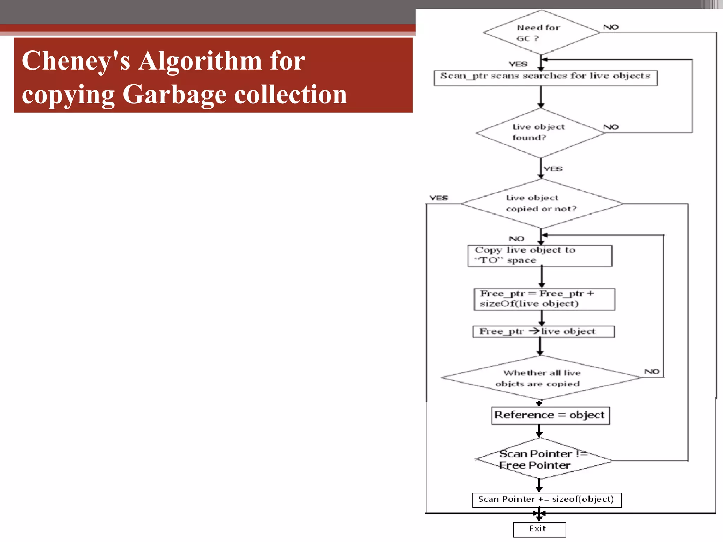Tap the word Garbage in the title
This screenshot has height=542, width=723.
(x=174, y=95)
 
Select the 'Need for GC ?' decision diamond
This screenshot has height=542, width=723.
(x=541, y=32)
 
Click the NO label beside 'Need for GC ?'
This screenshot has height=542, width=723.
(x=611, y=27)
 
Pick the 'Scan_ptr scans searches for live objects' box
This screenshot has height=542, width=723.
(x=545, y=78)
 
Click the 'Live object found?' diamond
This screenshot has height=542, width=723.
(x=540, y=133)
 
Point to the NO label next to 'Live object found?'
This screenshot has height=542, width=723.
(x=611, y=127)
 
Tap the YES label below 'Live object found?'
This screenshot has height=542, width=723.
(x=553, y=169)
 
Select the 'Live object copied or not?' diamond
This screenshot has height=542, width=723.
(x=542, y=204)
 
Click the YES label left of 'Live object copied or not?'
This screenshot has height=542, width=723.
(x=438, y=198)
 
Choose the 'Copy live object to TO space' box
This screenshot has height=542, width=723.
(x=539, y=256)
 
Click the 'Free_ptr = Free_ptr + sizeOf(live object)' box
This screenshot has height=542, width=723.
(x=544, y=299)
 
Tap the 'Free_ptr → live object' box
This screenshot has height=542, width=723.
(x=543, y=331)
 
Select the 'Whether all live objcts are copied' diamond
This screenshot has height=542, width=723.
(x=541, y=378)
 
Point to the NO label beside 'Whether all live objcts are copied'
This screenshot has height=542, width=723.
(x=652, y=372)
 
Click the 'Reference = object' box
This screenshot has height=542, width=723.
(x=550, y=415)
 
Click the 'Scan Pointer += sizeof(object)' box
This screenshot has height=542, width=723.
(x=546, y=500)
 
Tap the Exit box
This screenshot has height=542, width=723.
(x=539, y=529)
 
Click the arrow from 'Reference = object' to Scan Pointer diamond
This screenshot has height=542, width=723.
(x=539, y=431)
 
